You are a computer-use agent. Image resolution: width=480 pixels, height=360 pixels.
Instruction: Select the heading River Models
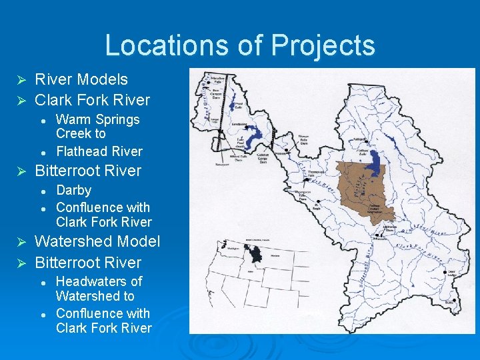[81, 79]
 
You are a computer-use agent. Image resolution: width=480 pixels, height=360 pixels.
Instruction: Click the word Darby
[73, 190]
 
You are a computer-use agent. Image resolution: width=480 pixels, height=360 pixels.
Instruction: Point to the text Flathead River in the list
[99, 151]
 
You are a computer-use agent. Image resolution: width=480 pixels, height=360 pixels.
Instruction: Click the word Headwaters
[99, 281]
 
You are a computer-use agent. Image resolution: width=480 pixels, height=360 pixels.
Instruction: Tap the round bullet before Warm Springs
[42, 120]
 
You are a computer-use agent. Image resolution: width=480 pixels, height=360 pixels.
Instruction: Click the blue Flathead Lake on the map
[378, 161]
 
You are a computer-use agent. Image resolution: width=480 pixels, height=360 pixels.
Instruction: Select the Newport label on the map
[222, 162]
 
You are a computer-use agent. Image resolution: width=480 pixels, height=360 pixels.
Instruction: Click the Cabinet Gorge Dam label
[266, 155]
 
